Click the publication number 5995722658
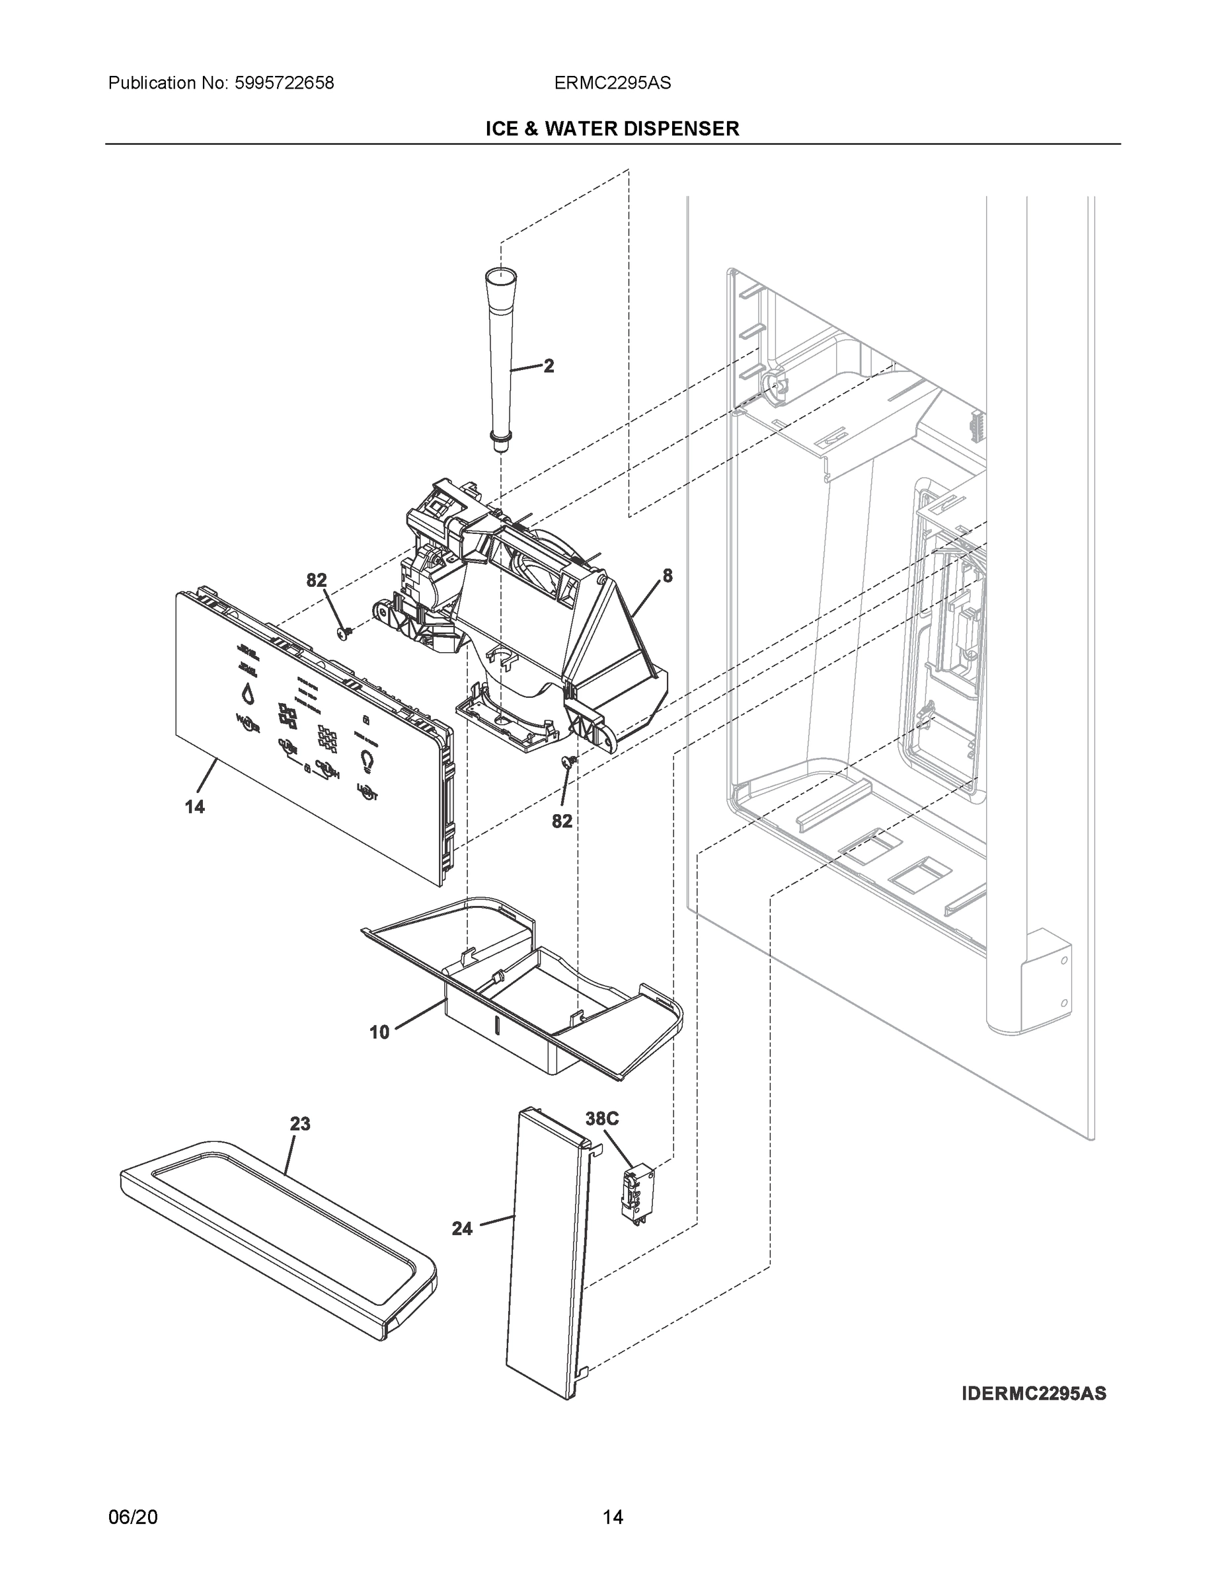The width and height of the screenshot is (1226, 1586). point(284,83)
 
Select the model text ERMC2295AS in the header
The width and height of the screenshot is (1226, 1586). point(612,83)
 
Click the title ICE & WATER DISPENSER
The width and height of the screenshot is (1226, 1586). point(612,129)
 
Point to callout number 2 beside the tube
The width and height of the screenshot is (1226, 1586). point(549,366)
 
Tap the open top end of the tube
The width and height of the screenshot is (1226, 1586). point(500,275)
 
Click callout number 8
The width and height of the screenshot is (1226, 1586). point(667,576)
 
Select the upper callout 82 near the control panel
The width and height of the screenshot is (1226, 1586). point(317,580)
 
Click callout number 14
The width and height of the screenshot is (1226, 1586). point(195,806)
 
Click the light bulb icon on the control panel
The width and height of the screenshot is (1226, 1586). point(367,761)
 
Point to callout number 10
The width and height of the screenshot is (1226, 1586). point(380,1032)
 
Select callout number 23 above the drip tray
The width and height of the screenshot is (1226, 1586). point(300,1124)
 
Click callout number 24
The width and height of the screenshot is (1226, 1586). point(462,1228)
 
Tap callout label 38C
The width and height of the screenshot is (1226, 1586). point(602,1119)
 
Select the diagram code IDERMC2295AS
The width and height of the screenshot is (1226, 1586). point(1034,1394)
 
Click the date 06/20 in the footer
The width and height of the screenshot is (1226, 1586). point(132,1517)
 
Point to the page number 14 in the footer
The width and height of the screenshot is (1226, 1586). point(612,1517)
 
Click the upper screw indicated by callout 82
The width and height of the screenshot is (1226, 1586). point(346,632)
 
